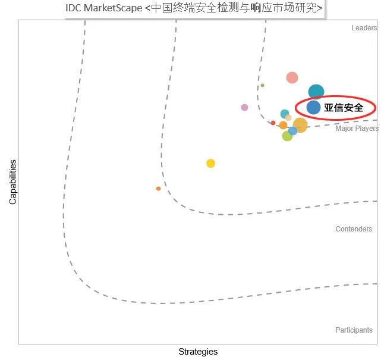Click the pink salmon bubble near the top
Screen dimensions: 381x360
pyautogui.click(x=292, y=77)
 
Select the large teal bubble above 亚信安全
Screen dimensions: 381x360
pyautogui.click(x=316, y=92)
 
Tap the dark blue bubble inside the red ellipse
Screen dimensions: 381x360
pyautogui.click(x=313, y=108)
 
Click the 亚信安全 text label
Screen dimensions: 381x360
pyautogui.click(x=344, y=108)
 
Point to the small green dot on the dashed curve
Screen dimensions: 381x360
pyautogui.click(x=262, y=85)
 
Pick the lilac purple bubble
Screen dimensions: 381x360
pyautogui.click(x=244, y=107)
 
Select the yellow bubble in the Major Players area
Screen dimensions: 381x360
pyautogui.click(x=210, y=163)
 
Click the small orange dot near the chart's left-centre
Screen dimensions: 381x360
pyautogui.click(x=158, y=189)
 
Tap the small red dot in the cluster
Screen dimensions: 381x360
pyautogui.click(x=273, y=123)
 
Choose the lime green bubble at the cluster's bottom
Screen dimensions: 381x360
pyautogui.click(x=287, y=136)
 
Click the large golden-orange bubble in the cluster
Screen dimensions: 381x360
pyautogui.click(x=300, y=125)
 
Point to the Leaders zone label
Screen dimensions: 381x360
pyautogui.click(x=364, y=28)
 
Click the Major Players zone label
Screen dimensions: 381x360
pyautogui.click(x=357, y=129)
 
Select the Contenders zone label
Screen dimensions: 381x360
pyautogui.click(x=354, y=229)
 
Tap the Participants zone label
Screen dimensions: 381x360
pyautogui.click(x=354, y=330)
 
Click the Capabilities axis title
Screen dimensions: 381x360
pyautogui.click(x=12, y=182)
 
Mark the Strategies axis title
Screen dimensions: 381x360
pyautogui.click(x=198, y=352)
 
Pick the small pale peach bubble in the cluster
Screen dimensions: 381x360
pyautogui.click(x=288, y=117)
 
